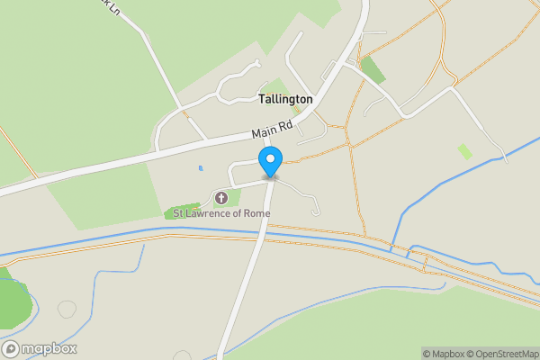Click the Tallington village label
[285, 98]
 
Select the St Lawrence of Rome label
[221, 213]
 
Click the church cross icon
[221, 197]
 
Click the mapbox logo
[40, 348]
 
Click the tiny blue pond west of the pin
[200, 167]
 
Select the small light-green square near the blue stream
[464, 151]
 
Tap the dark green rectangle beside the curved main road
[371, 69]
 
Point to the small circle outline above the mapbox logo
[67, 309]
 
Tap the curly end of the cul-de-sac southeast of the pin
[315, 211]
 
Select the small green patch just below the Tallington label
[296, 110]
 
